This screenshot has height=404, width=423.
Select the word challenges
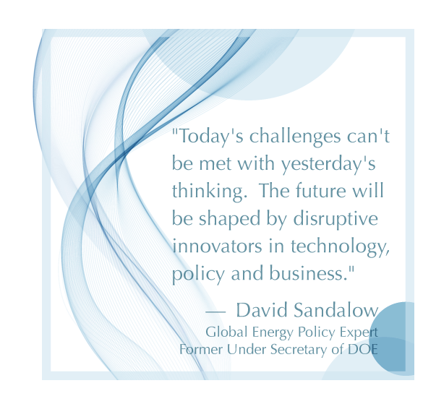[x=295, y=137]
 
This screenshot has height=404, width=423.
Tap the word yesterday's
[x=328, y=165]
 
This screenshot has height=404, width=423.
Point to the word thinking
[x=210, y=192]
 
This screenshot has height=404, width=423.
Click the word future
[x=321, y=190]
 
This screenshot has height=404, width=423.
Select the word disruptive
[x=336, y=219]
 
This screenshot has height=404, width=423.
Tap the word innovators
[x=217, y=246]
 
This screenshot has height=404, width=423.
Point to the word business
[x=309, y=273]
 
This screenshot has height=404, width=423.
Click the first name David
[x=262, y=310]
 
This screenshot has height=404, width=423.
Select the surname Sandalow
[x=336, y=310]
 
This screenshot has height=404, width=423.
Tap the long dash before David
[x=215, y=312]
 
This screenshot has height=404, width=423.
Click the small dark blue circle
[x=393, y=339]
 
